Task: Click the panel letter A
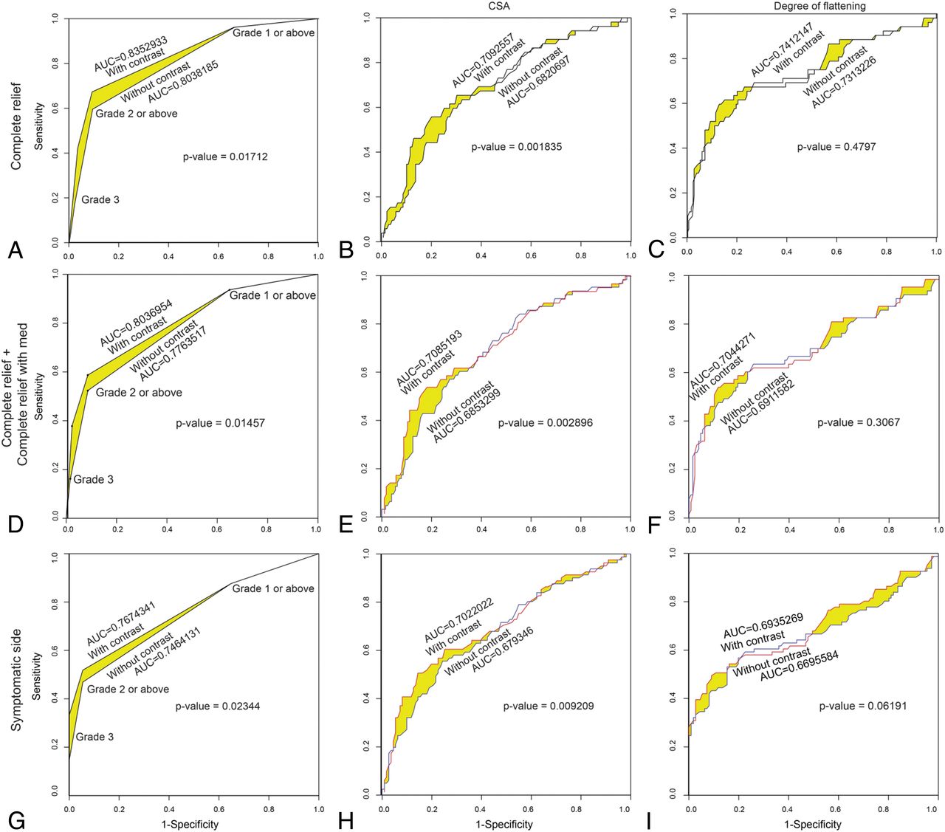tap(16, 251)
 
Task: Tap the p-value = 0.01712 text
tap(225, 157)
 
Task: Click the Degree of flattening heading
tap(819, 7)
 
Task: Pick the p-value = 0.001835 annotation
tap(517, 147)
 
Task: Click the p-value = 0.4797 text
tap(836, 147)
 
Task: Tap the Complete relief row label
tap(16, 126)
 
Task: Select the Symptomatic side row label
tap(16, 680)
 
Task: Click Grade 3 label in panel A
tap(100, 199)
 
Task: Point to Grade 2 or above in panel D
tap(139, 393)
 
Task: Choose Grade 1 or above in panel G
tap(273, 588)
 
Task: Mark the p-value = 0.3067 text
tap(858, 422)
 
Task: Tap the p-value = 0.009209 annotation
tap(549, 706)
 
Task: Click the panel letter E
tap(346, 525)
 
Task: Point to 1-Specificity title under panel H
tap(504, 824)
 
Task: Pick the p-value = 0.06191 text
tap(863, 706)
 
